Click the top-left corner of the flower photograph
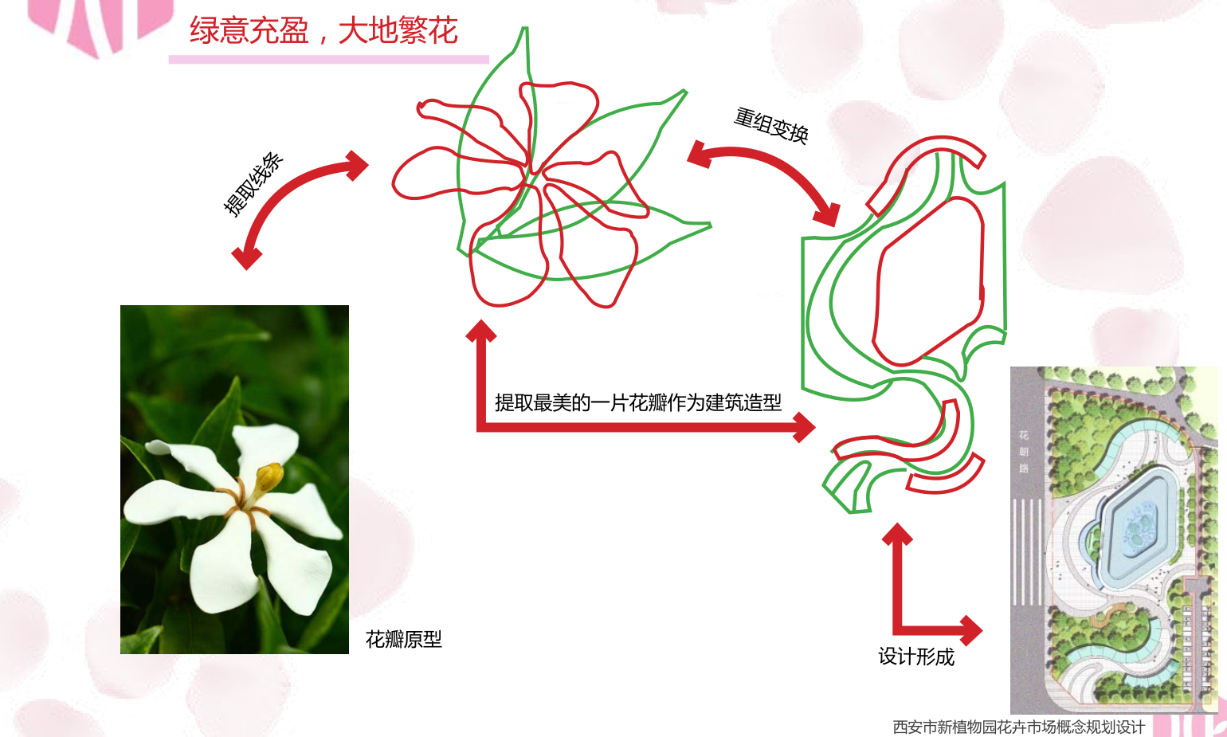point(120,306)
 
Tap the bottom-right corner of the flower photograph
point(349,653)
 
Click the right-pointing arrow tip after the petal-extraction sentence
point(815,427)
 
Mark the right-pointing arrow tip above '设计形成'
point(982,630)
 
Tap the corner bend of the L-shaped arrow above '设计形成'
point(897,630)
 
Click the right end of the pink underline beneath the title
point(488,59)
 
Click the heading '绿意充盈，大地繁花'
point(323,31)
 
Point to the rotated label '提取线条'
point(253,184)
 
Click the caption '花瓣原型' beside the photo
point(404,639)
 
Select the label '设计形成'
point(916,657)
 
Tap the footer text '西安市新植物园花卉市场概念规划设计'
point(1019,727)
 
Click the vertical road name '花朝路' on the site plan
point(1024,452)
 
